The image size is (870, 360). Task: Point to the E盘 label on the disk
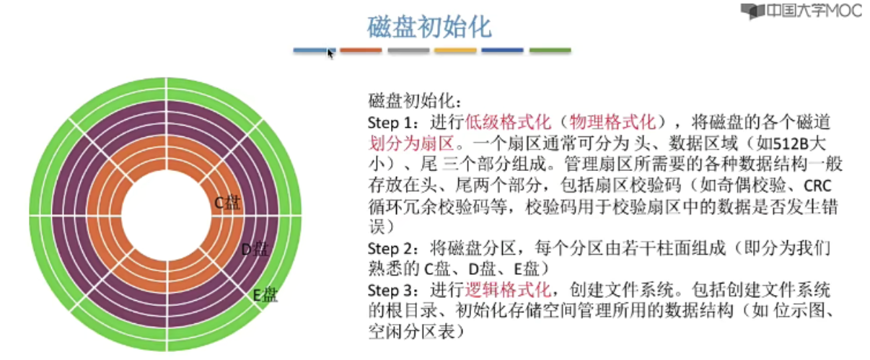[x=265, y=294]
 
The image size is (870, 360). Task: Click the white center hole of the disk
[x=165, y=216]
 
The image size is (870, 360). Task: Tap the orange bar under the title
[x=361, y=51]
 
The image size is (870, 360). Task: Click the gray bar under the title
[x=408, y=51]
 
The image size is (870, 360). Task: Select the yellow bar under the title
[x=455, y=51]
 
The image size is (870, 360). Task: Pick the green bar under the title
[x=550, y=51]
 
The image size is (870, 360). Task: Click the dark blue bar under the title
[x=502, y=51]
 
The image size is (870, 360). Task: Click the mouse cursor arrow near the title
[x=330, y=53]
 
